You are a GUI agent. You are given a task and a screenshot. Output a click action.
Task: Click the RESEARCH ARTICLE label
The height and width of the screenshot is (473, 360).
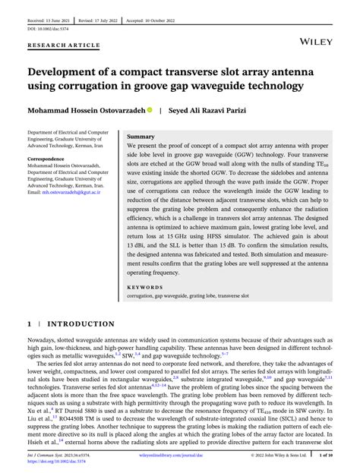coord(64,45)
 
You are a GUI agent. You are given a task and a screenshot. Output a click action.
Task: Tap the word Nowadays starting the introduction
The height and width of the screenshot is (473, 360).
coord(44,342)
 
